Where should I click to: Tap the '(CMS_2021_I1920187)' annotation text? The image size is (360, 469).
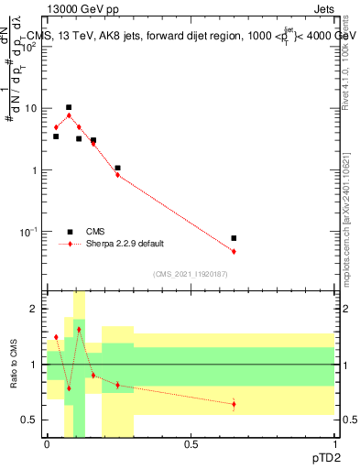191,273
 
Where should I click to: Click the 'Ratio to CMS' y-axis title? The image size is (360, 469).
15,381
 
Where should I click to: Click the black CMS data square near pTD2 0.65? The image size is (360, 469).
234,238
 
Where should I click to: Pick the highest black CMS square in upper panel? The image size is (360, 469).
69,107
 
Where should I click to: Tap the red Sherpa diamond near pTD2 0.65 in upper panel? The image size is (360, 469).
234,251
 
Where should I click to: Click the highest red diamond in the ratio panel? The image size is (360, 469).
79,329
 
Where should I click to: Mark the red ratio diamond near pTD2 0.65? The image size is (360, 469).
234,404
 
